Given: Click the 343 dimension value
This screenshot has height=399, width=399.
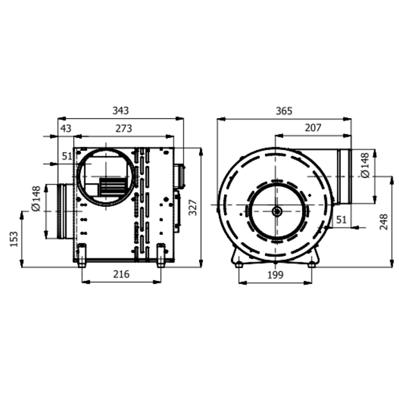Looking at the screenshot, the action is click(121, 110).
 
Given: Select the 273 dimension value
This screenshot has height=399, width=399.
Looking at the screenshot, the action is click(124, 128).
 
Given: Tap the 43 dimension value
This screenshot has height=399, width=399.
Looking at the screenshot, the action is click(66, 128).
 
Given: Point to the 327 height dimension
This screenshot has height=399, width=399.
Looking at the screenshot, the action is click(193, 207).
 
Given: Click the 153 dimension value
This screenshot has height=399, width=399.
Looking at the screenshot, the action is click(14, 239).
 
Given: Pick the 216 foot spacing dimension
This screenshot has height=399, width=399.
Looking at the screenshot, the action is click(121, 274).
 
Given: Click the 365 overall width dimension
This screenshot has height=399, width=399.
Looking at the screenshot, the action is click(284, 111).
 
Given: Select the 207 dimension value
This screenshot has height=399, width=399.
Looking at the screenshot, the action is click(313, 128).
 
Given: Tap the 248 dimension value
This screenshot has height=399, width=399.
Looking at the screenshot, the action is click(384, 222).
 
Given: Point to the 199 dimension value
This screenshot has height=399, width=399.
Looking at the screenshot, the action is click(275, 275).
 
